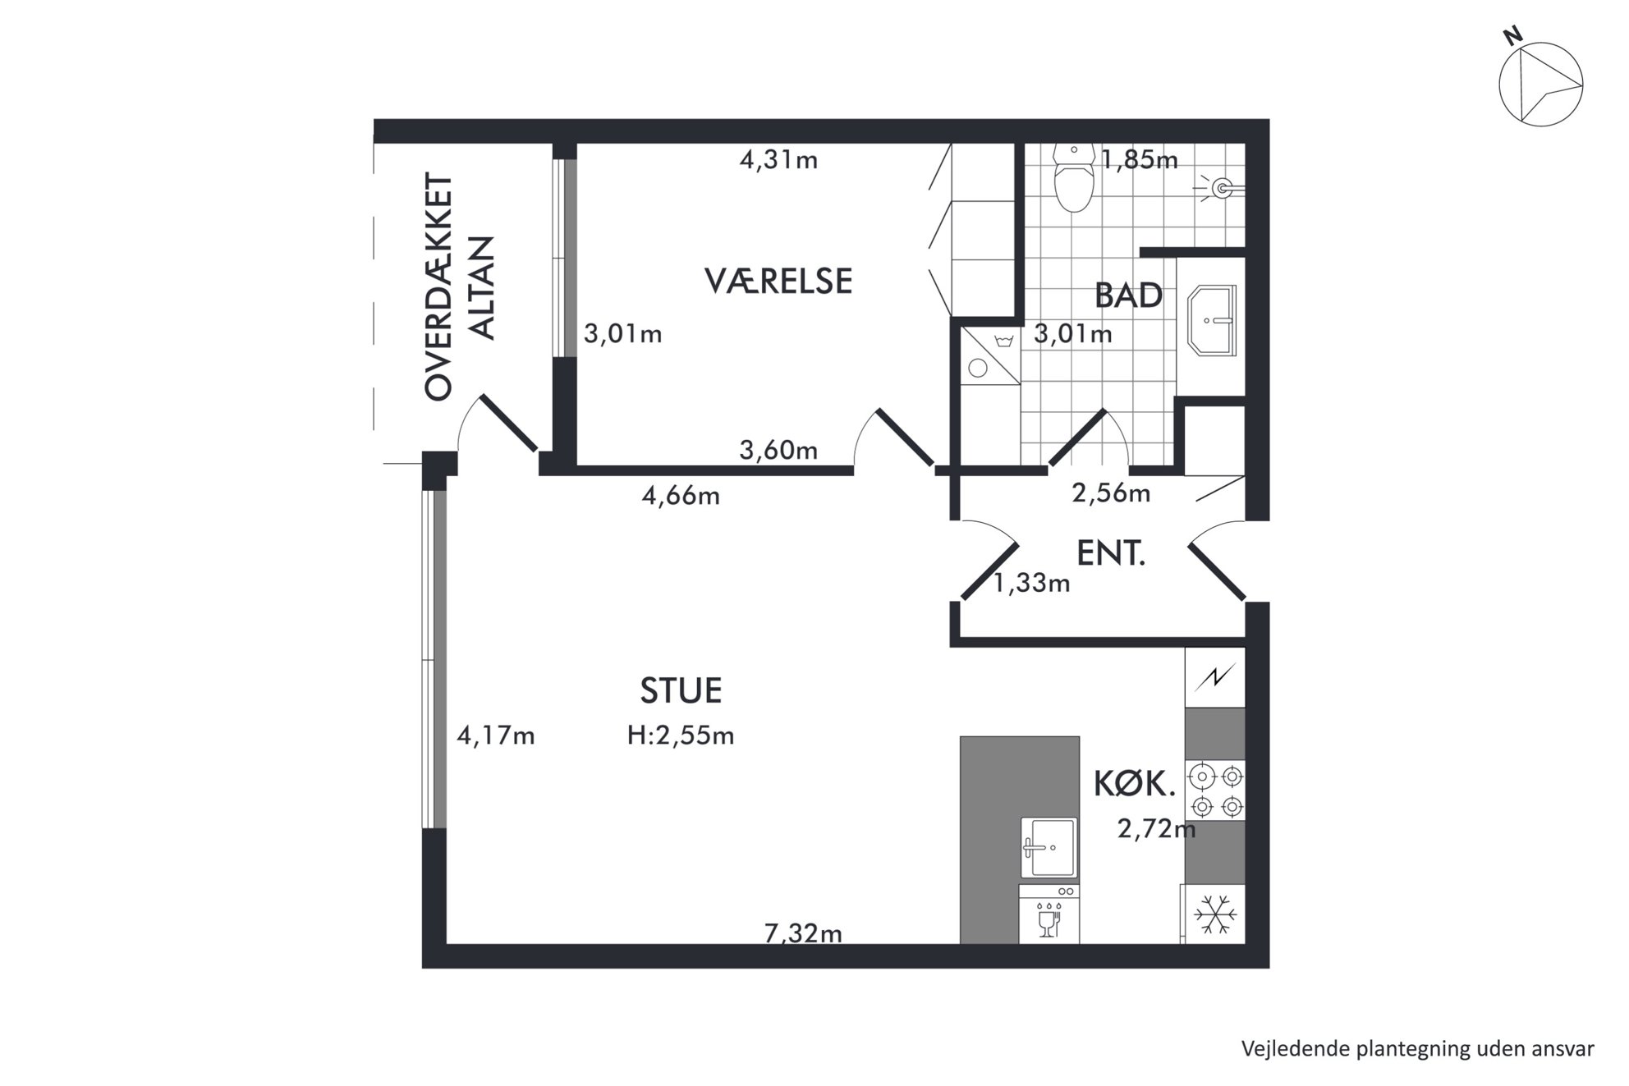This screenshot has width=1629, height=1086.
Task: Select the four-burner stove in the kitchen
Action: (x=1216, y=790)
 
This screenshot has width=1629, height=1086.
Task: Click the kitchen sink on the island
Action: (x=1049, y=848)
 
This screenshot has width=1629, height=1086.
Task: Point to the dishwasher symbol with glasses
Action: (x=1049, y=914)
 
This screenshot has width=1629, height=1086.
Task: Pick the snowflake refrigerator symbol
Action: (x=1214, y=914)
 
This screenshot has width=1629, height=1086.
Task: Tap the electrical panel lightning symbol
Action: (x=1215, y=677)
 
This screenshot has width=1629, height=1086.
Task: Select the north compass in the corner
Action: (x=1539, y=83)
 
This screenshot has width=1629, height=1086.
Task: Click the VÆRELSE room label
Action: (x=778, y=281)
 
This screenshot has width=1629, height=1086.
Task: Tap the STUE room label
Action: (x=681, y=691)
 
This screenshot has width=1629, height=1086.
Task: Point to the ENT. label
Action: (x=1110, y=554)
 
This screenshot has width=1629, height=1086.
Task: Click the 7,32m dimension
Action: (x=803, y=933)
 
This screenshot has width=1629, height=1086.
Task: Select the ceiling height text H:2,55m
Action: (x=681, y=735)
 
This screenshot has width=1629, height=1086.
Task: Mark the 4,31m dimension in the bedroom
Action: (x=778, y=160)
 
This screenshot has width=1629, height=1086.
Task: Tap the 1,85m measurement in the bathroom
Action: (x=1140, y=160)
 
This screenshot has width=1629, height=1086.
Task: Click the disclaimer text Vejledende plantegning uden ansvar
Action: (x=1417, y=1048)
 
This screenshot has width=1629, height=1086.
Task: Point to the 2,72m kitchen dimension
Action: (x=1156, y=829)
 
